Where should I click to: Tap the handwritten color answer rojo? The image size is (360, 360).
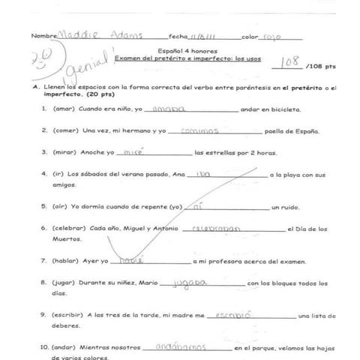click(x=273, y=35)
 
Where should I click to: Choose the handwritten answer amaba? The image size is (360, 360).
click(x=168, y=109)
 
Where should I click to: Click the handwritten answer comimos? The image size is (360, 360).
click(x=199, y=130)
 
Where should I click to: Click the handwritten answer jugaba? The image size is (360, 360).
click(x=184, y=283)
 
